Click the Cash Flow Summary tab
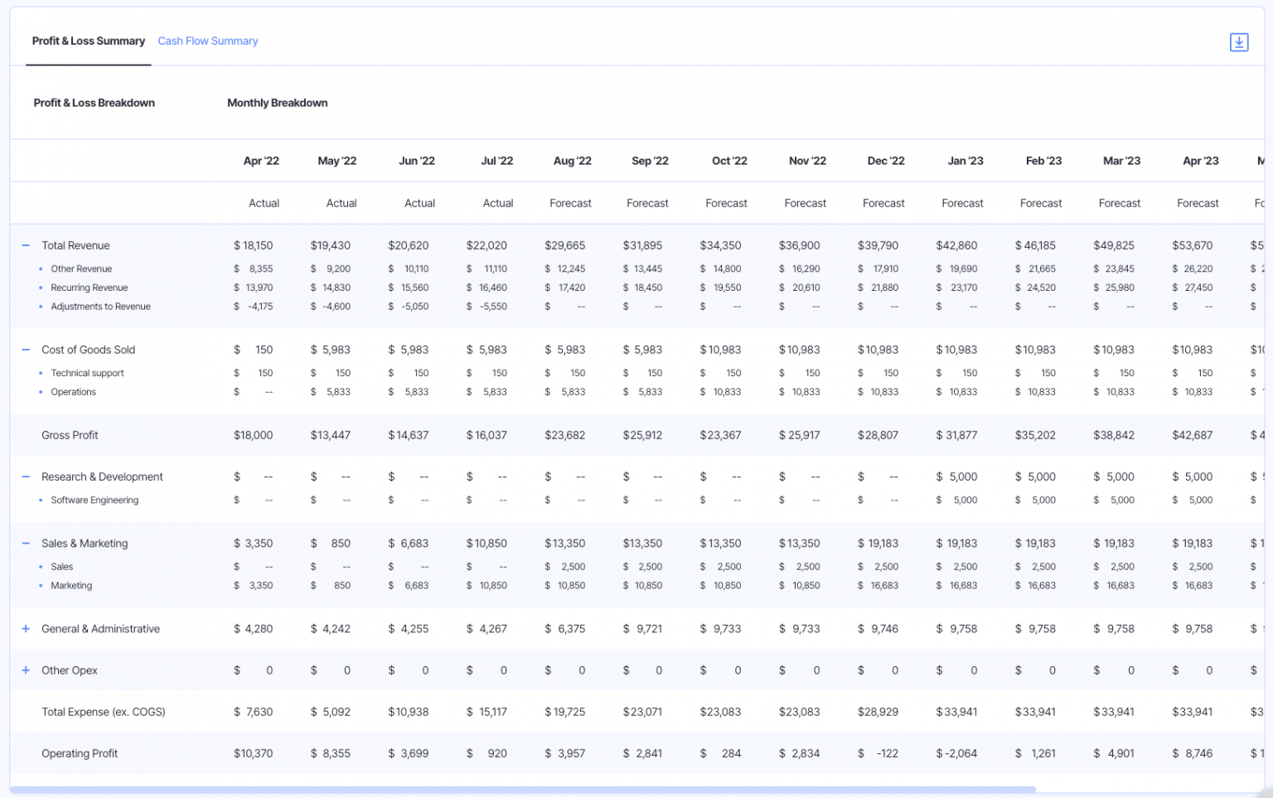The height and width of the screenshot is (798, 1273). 207,41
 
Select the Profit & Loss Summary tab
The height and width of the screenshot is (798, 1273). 88,41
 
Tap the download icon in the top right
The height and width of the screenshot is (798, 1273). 1238,42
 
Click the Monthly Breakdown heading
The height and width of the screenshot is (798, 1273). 277,103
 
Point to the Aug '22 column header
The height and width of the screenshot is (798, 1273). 572,161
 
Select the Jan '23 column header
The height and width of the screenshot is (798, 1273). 965,161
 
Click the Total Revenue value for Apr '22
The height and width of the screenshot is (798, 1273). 253,245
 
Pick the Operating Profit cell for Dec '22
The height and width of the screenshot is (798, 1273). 879,753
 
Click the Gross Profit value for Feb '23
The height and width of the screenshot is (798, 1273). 1035,435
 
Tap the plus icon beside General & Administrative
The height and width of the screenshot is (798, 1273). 26,629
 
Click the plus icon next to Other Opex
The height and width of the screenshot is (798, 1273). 26,670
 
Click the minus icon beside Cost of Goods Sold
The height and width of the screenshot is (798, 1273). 26,350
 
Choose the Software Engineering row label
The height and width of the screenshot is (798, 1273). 94,500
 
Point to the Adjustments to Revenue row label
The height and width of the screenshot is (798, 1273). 100,307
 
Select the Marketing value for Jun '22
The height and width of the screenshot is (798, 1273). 409,585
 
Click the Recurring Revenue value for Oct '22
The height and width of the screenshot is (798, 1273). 720,288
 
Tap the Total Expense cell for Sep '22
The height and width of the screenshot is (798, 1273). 642,712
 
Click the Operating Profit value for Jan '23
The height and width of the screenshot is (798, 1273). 956,753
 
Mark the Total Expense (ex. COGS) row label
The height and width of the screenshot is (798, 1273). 104,712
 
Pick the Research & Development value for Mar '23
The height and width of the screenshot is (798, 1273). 1114,476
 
